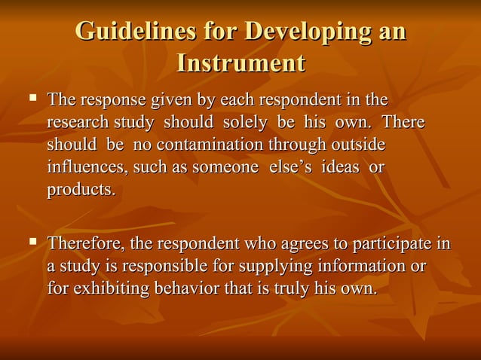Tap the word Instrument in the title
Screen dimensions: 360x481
click(240, 63)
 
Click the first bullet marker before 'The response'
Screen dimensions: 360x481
click(32, 98)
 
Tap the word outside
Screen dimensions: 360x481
click(358, 144)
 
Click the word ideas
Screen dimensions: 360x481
click(340, 166)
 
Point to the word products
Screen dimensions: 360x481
click(81, 190)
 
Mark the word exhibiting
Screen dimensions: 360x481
click(111, 288)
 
